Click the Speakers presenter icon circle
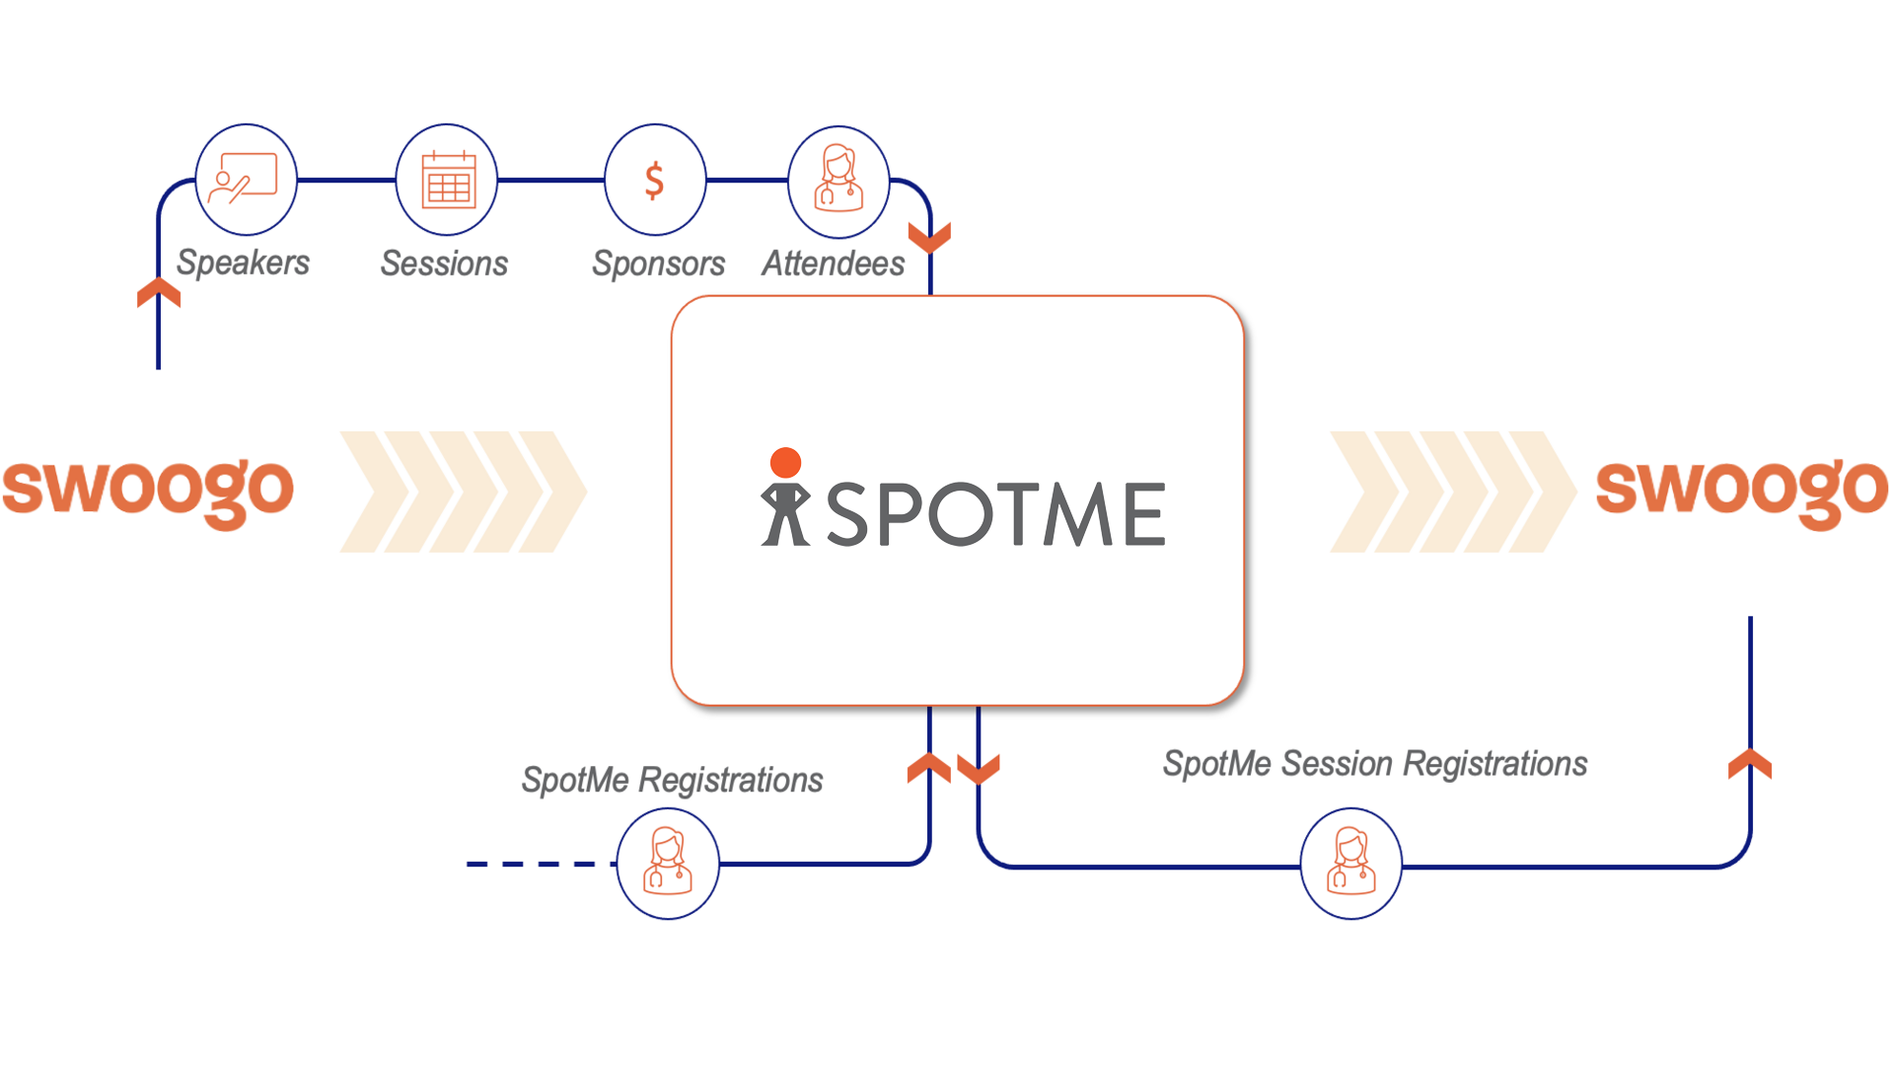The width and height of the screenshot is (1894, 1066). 246,180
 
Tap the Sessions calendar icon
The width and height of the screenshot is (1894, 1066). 447,180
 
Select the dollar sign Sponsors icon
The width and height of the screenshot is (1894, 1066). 654,180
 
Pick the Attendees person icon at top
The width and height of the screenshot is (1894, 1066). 838,181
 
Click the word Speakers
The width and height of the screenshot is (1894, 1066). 243,263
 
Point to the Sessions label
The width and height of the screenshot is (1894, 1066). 444,264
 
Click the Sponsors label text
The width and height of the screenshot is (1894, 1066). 658,264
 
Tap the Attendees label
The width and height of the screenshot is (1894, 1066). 833,264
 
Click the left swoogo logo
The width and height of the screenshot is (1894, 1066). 148,491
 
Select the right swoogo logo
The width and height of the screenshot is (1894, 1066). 1742,491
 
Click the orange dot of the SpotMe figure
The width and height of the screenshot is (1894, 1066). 785,462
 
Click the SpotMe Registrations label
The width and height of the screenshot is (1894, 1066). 672,780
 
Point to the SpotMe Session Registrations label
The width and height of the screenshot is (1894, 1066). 1374,764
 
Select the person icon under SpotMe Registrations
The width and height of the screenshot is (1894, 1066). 668,864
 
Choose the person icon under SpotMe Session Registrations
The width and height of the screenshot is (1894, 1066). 1350,864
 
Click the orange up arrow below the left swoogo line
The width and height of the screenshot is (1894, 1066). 159,292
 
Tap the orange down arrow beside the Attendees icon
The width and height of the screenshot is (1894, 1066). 929,238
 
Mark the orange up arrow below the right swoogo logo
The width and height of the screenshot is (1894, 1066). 1750,764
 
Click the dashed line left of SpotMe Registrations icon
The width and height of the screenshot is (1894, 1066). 533,864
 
